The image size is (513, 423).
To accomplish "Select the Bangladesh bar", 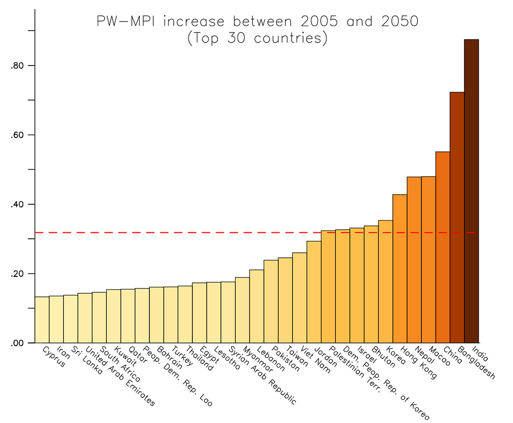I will pyautogui.click(x=457, y=218).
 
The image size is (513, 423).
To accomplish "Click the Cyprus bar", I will pyautogui.click(x=42, y=320).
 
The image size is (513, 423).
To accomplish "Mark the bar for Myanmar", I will pyautogui.click(x=242, y=310).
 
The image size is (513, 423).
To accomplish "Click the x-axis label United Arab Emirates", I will pyautogui.click(x=120, y=376).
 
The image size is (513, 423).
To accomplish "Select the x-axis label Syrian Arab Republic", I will pyautogui.click(x=263, y=375).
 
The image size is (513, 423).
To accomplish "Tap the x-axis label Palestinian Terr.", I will pyautogui.click(x=356, y=370).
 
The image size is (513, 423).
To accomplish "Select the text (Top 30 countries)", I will pyautogui.click(x=257, y=39).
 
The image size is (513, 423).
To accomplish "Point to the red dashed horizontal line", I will pyautogui.click(x=175, y=232).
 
